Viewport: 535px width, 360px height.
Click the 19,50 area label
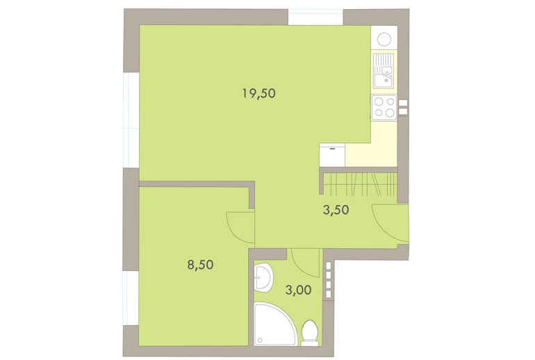point(259,93)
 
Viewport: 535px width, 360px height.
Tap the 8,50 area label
point(200,265)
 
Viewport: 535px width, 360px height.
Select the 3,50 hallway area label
point(336,210)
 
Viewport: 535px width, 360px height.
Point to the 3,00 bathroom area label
point(298,290)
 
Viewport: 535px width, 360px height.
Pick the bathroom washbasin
point(263,277)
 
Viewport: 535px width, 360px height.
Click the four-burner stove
point(384,108)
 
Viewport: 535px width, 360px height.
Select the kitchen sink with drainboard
point(384,71)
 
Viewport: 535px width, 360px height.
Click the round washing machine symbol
point(384,39)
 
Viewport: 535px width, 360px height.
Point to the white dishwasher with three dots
point(332,155)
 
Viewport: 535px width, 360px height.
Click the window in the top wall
point(315,17)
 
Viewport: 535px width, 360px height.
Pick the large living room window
point(131,120)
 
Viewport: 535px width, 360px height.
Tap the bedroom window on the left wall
point(131,298)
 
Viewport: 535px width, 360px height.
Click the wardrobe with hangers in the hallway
point(361,184)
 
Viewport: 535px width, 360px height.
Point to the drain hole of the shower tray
point(260,341)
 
